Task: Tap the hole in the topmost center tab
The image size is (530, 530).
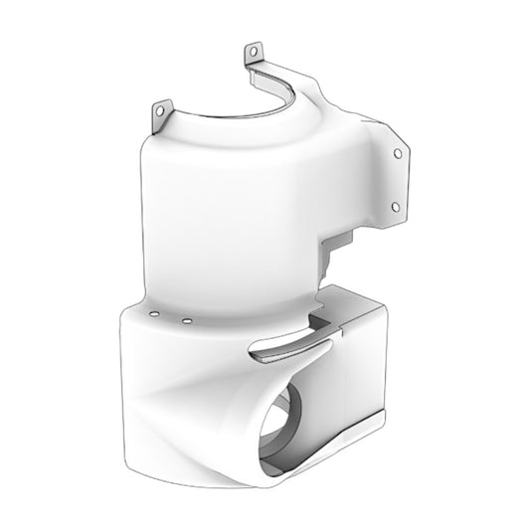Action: point(253,50)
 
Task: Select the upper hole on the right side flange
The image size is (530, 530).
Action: point(399,154)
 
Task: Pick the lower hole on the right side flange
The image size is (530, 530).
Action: point(395,206)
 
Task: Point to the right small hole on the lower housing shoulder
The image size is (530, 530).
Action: point(186,322)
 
